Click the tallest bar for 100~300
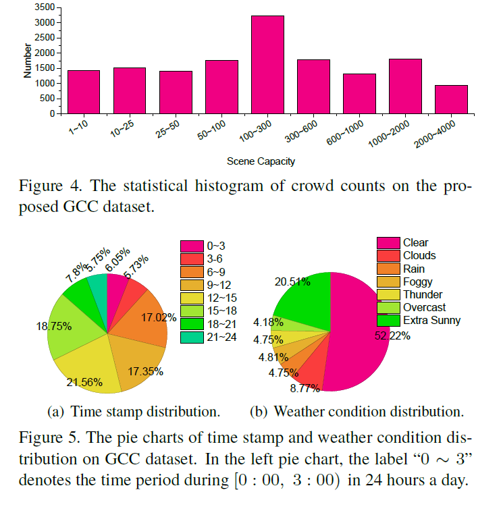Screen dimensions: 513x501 pyautogui.click(x=267, y=64)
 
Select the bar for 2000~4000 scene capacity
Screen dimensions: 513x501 pyautogui.click(x=451, y=99)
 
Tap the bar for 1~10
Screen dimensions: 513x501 pyautogui.click(x=84, y=92)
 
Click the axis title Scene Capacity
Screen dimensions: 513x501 pyautogui.click(x=261, y=161)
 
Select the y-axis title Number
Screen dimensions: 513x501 pyautogui.click(x=27, y=61)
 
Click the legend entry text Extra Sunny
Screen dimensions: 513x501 pyautogui.click(x=431, y=320)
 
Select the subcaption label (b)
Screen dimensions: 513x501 pyautogui.click(x=260, y=411)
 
